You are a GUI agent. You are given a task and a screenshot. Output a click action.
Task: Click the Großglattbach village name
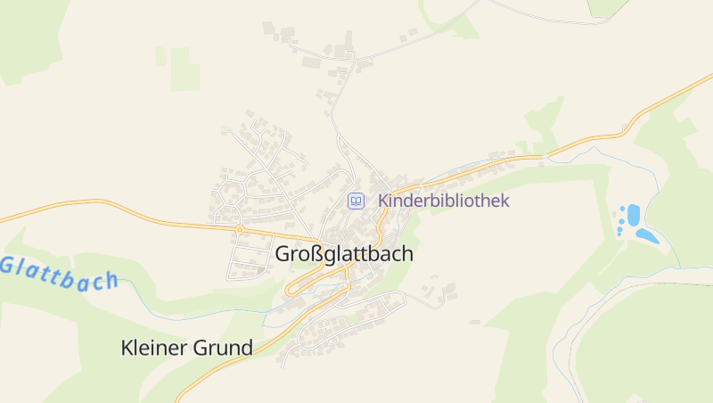click(344, 254)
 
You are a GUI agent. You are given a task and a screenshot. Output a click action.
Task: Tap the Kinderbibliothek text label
click(444, 201)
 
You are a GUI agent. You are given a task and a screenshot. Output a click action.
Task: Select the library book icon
click(356, 201)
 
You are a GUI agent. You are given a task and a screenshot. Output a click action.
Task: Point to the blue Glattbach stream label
click(59, 273)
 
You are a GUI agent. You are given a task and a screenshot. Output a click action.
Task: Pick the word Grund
click(222, 348)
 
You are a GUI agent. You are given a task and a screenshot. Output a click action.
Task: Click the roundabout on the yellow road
click(240, 229)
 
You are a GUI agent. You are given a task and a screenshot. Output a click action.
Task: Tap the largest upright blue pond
click(634, 215)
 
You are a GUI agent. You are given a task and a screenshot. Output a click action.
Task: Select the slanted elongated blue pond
click(647, 236)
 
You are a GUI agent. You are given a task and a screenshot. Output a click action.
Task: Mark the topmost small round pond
click(621, 210)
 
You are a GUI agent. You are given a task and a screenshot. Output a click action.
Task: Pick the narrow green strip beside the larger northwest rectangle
click(160, 56)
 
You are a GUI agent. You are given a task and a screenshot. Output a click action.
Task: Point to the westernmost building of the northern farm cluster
click(268, 29)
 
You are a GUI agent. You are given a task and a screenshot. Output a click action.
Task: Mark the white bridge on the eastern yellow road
click(543, 158)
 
